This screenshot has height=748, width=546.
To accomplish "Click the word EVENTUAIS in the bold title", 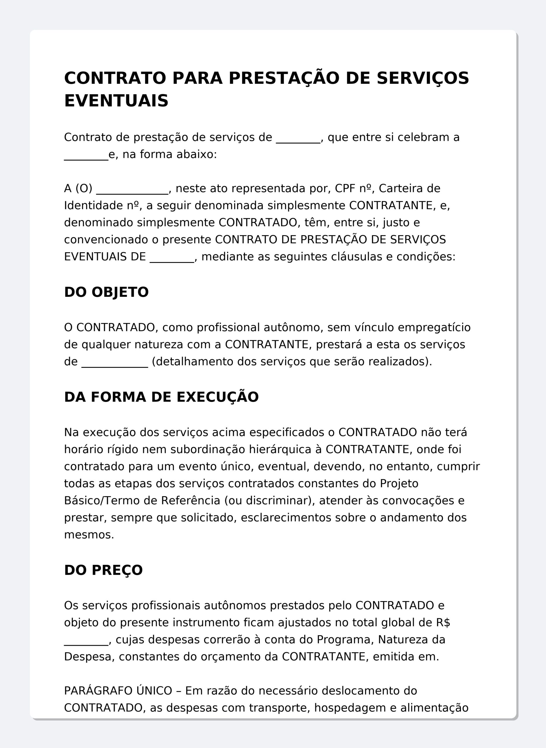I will (116, 101).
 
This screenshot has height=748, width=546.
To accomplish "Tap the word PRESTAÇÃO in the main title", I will (284, 78).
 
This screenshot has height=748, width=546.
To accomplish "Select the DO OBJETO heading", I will (106, 292).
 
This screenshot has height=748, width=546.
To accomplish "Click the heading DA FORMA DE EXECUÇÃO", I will (161, 397).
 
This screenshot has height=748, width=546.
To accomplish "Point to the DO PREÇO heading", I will (103, 570).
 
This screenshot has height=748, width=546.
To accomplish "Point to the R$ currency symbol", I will (443, 622).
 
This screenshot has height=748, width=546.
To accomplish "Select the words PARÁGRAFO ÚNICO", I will (118, 690).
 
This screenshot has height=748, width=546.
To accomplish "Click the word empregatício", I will (434, 328).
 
